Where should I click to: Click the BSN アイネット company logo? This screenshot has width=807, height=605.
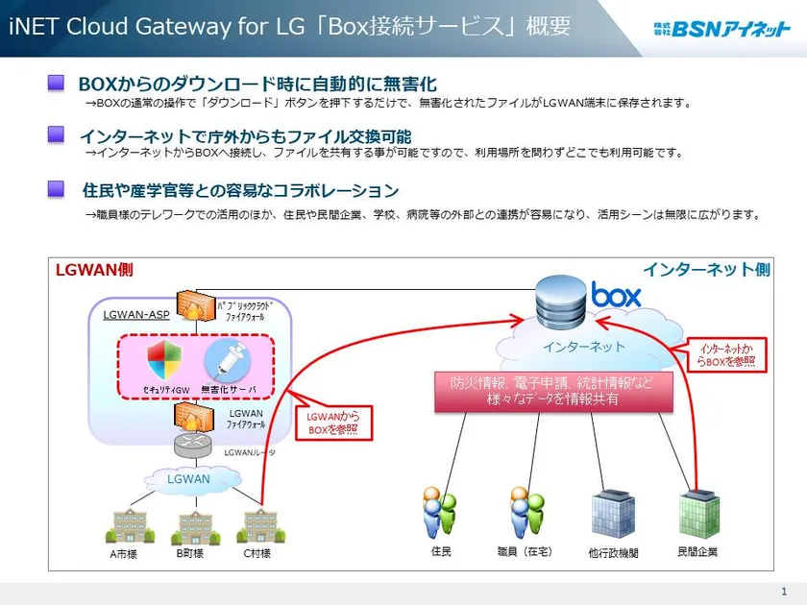[x=721, y=29]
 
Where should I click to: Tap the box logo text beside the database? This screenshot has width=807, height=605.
[x=616, y=296]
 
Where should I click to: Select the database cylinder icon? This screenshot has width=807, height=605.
[x=560, y=298]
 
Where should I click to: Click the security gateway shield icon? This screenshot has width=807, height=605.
[x=163, y=361]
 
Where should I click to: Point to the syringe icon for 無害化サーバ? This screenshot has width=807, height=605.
[x=226, y=361]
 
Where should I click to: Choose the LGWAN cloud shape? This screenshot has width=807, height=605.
[x=188, y=478]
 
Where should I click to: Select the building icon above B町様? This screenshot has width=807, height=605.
[x=190, y=525]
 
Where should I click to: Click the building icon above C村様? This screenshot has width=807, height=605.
[x=256, y=525]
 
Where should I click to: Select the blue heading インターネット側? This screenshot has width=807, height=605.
[x=706, y=270]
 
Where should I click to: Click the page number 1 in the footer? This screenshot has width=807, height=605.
[x=784, y=592]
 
